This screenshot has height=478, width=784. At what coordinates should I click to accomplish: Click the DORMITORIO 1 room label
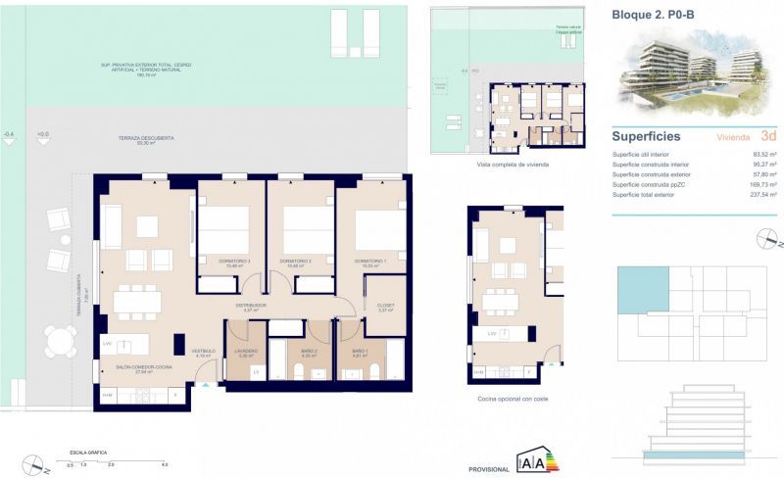[370, 262]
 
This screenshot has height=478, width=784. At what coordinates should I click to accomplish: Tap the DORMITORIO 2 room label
[295, 262]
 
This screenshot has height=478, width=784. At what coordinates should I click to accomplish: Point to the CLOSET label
[385, 306]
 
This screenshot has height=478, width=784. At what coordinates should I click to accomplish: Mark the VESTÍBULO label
[202, 352]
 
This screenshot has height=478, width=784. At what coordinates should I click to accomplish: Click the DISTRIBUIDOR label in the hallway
[250, 307]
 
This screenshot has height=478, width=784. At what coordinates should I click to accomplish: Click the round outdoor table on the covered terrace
[61, 340]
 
